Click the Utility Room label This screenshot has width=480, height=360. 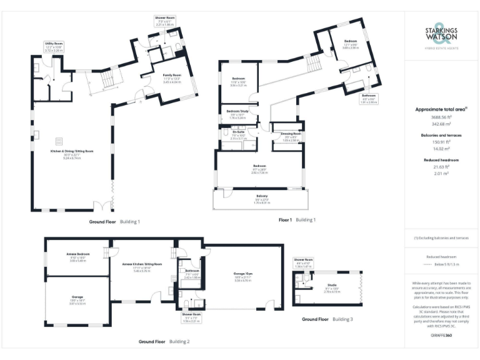pyautogui.click(x=52, y=44)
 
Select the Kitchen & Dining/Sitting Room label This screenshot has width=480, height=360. pyautogui.click(x=72, y=151)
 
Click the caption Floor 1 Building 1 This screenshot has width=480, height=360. pyautogui.click(x=297, y=220)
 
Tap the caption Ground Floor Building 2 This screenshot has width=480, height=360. pyautogui.click(x=164, y=342)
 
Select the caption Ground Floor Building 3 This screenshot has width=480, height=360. pyautogui.click(x=327, y=319)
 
